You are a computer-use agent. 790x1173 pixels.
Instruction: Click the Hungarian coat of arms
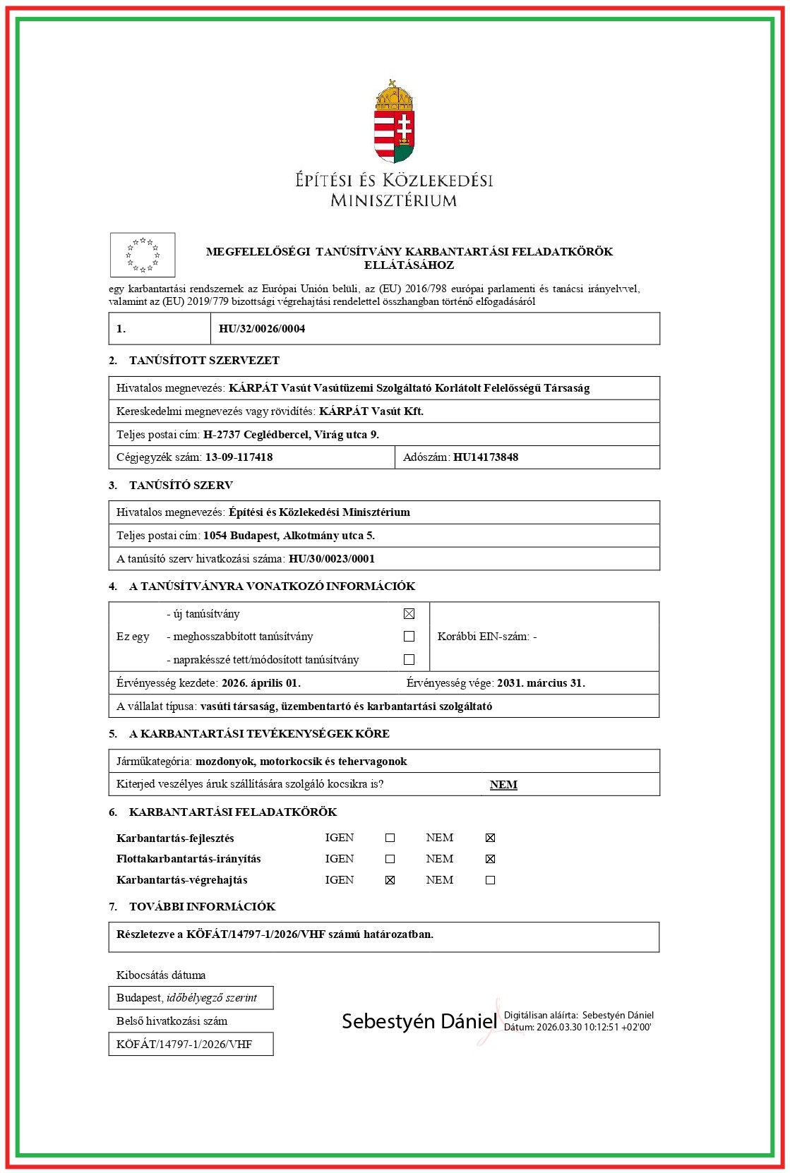(x=394, y=121)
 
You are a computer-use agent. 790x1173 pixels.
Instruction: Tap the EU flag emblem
(x=143, y=255)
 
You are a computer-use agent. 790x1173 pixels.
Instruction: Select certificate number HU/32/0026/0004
(x=262, y=329)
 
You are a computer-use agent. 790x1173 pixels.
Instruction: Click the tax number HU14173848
(x=486, y=457)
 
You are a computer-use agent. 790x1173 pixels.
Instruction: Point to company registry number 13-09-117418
(x=239, y=457)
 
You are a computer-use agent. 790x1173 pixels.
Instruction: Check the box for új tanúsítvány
(x=409, y=614)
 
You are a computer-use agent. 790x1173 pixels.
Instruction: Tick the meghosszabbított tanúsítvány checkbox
(x=409, y=637)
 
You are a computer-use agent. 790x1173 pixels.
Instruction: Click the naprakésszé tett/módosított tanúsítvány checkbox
(x=409, y=660)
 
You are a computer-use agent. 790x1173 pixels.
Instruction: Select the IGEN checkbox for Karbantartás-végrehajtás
(x=390, y=880)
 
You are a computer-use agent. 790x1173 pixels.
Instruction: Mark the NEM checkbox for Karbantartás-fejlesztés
(x=491, y=838)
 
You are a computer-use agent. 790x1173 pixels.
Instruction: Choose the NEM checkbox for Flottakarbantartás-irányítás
(x=491, y=859)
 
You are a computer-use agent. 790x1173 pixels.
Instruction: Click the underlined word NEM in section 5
(x=503, y=785)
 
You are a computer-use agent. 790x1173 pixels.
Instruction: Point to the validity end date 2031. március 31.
(x=541, y=683)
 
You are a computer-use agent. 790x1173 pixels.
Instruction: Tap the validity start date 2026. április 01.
(x=261, y=683)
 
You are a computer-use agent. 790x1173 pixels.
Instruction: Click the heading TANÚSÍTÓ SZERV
(x=181, y=486)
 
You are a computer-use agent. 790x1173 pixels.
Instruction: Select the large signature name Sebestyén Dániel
(x=419, y=1021)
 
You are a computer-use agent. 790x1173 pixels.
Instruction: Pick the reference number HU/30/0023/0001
(x=332, y=559)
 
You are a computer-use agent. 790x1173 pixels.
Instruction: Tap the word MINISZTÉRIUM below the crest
(x=394, y=200)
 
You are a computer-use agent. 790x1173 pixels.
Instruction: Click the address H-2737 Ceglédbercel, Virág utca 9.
(x=291, y=435)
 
